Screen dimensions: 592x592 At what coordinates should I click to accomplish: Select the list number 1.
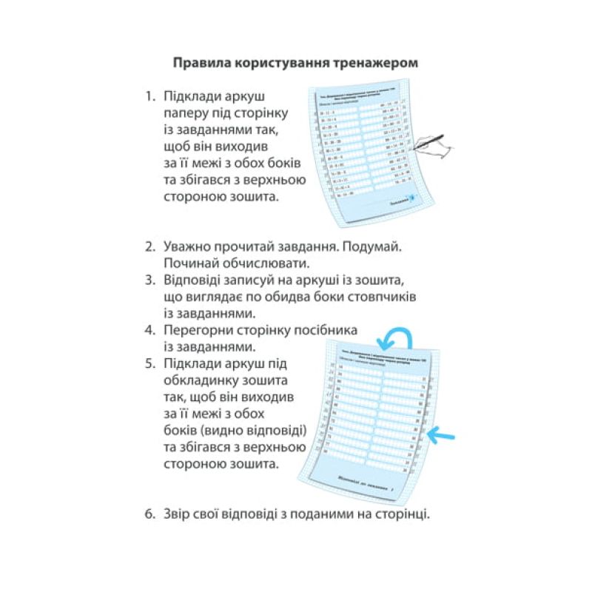click(x=149, y=97)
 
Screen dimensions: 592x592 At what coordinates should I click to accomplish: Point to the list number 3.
click(x=149, y=280)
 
